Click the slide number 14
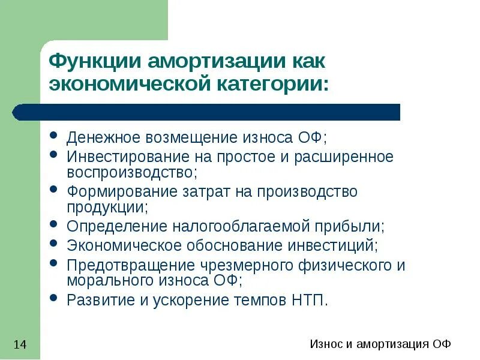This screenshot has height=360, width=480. (20, 344)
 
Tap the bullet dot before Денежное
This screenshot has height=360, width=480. (54, 136)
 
